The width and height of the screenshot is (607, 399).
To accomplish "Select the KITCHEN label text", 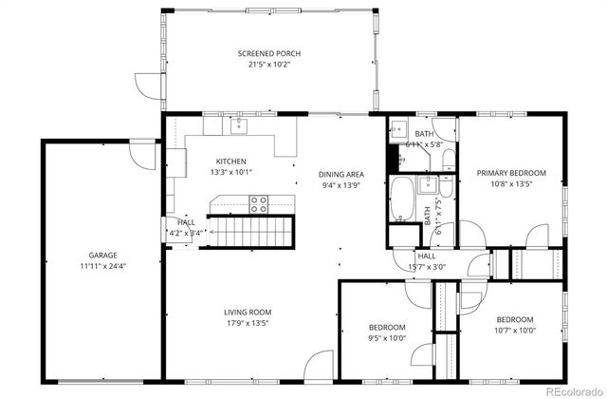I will click(x=230, y=161).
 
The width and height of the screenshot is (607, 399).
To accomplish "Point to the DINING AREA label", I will click(x=340, y=175).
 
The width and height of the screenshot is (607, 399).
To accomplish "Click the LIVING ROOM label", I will click(x=248, y=312).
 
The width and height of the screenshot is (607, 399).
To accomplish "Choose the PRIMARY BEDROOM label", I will click(x=510, y=172).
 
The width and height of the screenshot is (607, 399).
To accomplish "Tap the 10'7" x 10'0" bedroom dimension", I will click(x=514, y=332).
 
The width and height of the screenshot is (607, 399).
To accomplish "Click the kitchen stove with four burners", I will click(x=259, y=202).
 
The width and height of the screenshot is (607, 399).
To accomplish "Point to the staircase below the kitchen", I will click(x=252, y=230).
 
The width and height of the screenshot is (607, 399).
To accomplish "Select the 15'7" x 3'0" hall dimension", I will click(x=427, y=267).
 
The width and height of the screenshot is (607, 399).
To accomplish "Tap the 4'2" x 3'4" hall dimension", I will click(x=185, y=232).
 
